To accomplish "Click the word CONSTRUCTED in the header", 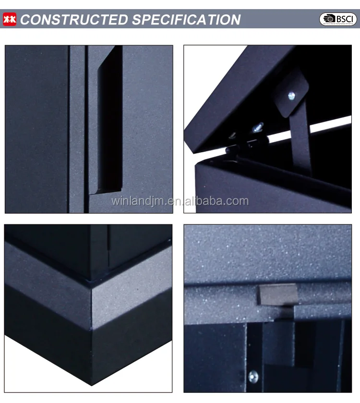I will pos(74,20).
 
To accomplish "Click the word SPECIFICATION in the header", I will pos(186,20).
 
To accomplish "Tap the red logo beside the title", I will pos(10,19).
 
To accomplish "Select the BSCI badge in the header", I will pos(338,19).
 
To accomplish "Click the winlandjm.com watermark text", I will pos(180,201).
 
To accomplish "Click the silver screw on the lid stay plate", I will pos(291,96).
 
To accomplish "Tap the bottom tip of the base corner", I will pos(91,384).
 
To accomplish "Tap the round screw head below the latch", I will pos(253,376).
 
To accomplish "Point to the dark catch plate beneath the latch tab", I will pos(278,336).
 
